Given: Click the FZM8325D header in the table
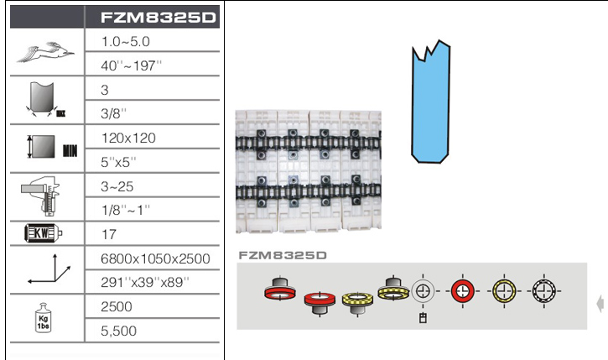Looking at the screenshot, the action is coord(158,18).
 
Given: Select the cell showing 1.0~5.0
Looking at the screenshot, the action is coord(125,41).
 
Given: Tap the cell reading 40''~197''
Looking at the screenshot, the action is coord(131,65).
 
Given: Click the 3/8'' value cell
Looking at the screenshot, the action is coord(113,113).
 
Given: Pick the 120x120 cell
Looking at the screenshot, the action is coord(128,138).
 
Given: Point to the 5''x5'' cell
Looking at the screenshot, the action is coord(118,162).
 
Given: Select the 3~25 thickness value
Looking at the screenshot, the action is coord(117,186).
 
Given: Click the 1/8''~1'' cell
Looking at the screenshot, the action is coord(125,211).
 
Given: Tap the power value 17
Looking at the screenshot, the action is coord(108,234).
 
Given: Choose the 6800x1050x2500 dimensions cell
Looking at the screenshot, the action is coord(155,258).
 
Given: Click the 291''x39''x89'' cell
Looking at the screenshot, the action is coord(145,283).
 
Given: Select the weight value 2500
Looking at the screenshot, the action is coord(117,306).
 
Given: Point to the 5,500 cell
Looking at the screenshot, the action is coord(118,331).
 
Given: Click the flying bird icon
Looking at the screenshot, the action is coord(46,52).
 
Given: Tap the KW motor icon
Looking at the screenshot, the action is coord(43,233).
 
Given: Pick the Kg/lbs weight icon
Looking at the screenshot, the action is coord(43,318).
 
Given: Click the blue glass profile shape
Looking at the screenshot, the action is coord(430,102).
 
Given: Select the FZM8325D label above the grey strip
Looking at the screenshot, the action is coord(283,255).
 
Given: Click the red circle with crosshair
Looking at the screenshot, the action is coord(462,290).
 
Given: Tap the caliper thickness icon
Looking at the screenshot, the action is coord(41,196).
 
